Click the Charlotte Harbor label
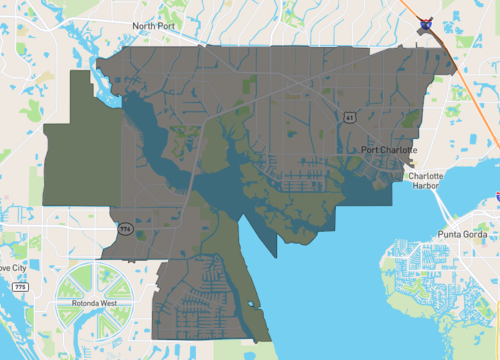click(x=432, y=180)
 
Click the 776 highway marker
click(x=125, y=229)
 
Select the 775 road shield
click(x=21, y=287)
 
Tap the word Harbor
click(x=432, y=185)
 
